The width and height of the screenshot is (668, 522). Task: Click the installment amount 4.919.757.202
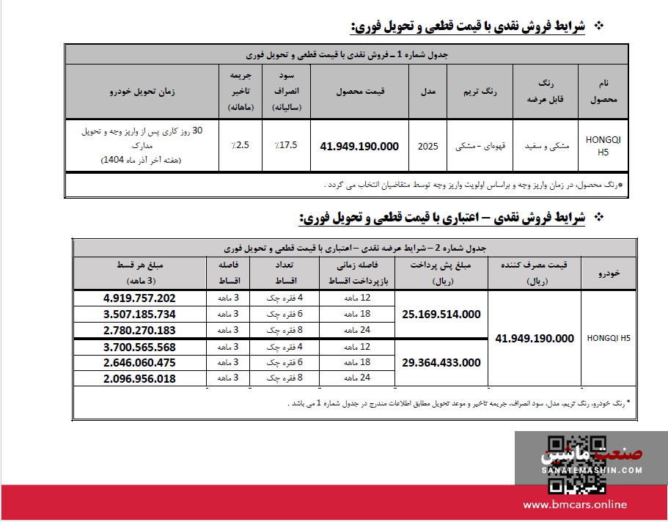tap(139, 298)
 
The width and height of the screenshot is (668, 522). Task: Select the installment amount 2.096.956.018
tap(139, 378)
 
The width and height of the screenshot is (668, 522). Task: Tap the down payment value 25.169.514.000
tap(441, 314)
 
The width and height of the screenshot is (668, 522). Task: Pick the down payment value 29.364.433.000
tap(441, 362)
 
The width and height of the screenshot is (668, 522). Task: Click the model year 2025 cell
tap(427, 146)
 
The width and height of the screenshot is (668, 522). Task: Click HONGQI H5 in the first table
tap(603, 145)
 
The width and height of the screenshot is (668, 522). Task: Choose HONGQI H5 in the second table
tap(609, 338)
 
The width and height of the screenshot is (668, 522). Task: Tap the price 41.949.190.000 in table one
tap(359, 146)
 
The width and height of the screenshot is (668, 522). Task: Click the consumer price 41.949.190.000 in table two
tap(535, 338)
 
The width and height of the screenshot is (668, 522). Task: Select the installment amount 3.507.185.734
tap(139, 314)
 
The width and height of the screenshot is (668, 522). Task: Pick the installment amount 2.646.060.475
tap(139, 362)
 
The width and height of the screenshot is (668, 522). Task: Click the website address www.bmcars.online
tap(575, 504)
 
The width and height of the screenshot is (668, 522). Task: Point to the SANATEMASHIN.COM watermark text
tap(592, 469)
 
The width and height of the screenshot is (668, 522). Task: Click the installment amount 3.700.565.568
tap(139, 346)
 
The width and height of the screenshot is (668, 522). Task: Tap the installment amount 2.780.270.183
tap(139, 330)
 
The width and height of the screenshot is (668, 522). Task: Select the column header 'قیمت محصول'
tap(361, 92)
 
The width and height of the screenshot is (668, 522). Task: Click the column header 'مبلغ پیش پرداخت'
tap(442, 272)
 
